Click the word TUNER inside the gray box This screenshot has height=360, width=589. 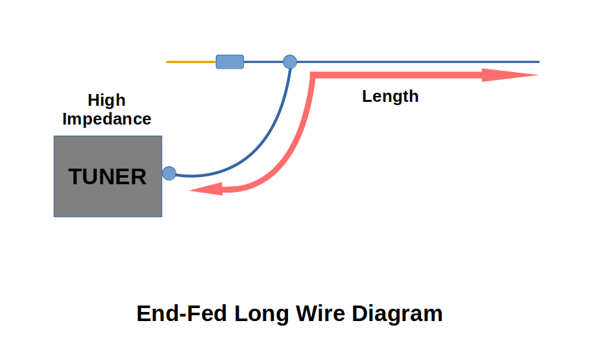(108, 176)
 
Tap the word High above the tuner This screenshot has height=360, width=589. (106, 101)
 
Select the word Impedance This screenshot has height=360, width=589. (106, 119)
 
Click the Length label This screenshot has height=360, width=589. (390, 97)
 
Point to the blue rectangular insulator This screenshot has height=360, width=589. (230, 62)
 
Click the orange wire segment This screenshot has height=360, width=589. (191, 62)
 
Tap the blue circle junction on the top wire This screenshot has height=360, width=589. (290, 62)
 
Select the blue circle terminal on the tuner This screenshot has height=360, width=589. (169, 173)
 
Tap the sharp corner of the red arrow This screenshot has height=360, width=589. (313, 75)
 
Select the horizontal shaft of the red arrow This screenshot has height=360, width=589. (402, 75)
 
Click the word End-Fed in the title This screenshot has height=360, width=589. (182, 314)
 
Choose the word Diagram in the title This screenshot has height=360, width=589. (398, 314)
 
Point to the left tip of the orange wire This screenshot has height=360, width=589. (168, 62)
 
